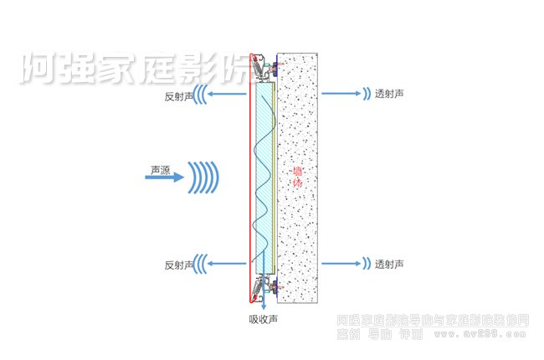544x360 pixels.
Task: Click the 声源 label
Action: pyautogui.click(x=161, y=169)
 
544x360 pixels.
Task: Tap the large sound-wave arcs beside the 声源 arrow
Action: pyautogui.click(x=203, y=177)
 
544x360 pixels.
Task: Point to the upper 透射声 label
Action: pyautogui.click(x=389, y=94)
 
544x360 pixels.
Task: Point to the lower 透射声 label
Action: pyautogui.click(x=389, y=264)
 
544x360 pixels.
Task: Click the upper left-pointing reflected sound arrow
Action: pyautogui.click(x=225, y=94)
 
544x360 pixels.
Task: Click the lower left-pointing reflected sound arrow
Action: pyautogui.click(x=225, y=264)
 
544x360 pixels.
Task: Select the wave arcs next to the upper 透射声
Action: pyautogui.click(x=367, y=94)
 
